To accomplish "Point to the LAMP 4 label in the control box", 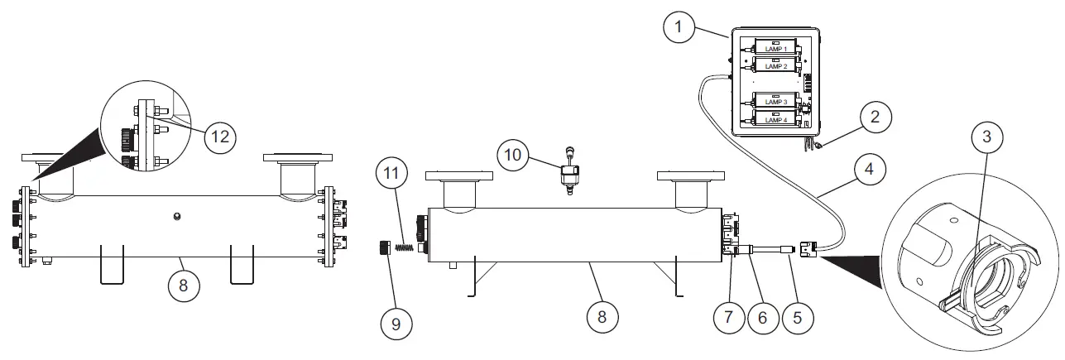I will coord(776,119).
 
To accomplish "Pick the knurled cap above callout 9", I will coord(384,247).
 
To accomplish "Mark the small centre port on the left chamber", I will coord(175,217).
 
